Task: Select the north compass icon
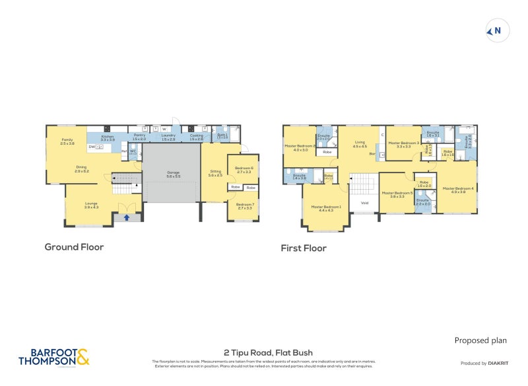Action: (x=497, y=30)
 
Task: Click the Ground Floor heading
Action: (x=74, y=247)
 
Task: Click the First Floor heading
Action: (x=303, y=249)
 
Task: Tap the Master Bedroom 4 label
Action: (x=457, y=190)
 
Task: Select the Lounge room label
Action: (x=91, y=206)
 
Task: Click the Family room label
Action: (x=67, y=141)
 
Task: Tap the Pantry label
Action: (x=139, y=137)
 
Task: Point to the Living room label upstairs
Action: (x=360, y=143)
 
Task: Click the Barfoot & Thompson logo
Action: (x=53, y=357)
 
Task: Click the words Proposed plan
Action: (x=480, y=340)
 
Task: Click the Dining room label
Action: (x=81, y=169)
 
